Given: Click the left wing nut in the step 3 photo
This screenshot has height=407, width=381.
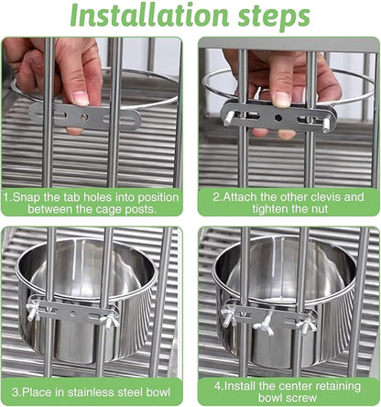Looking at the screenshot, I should click(31, 312).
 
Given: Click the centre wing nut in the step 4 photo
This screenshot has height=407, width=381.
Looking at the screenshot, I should click(271, 319).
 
